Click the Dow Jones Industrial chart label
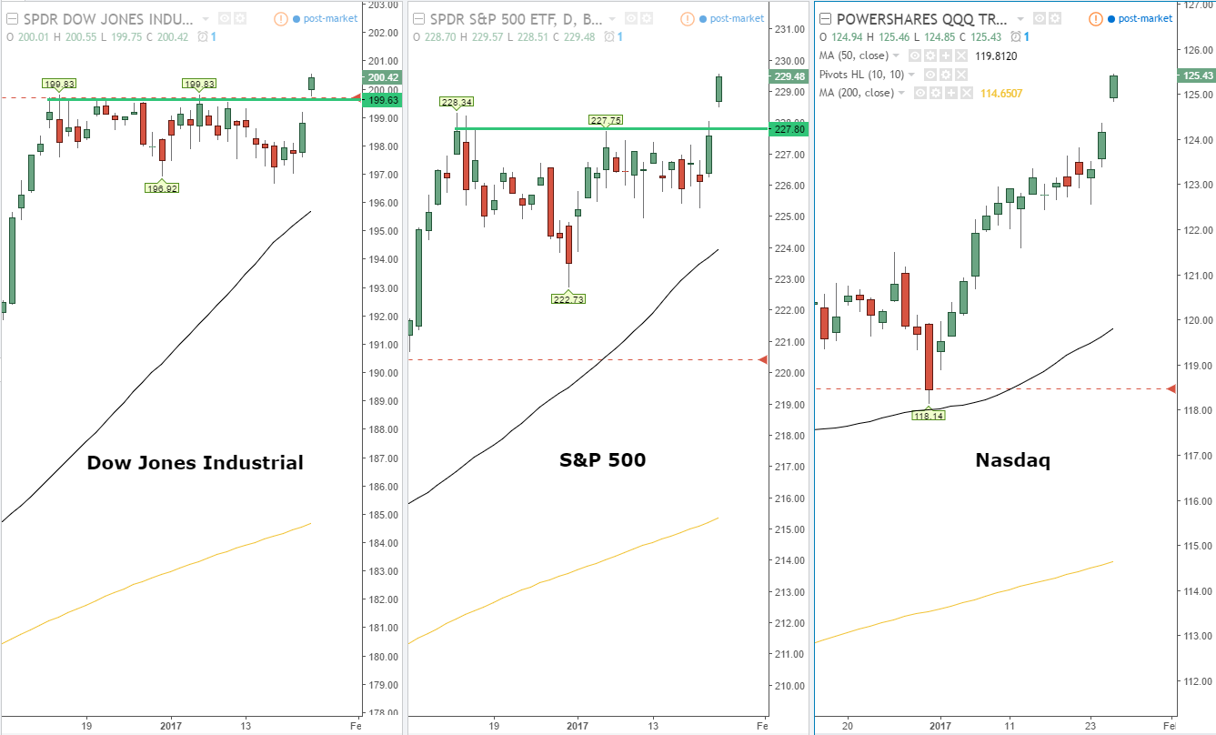point(195,463)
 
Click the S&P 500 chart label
point(602,460)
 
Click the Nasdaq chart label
point(1012,460)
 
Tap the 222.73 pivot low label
point(568,298)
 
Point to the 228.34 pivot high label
point(456,102)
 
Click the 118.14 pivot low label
point(928,415)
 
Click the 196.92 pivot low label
point(161,188)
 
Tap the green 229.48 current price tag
point(788,76)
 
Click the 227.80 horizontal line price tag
point(788,129)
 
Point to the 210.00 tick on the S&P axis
point(788,686)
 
